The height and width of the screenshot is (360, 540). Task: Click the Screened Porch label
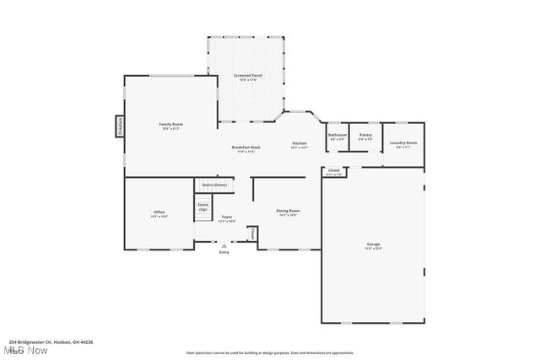248,78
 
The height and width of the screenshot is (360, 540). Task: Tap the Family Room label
171,126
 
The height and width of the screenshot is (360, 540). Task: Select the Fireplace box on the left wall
120,126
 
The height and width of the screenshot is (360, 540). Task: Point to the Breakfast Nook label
246,149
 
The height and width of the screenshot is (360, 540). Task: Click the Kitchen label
300,145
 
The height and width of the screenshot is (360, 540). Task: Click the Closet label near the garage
334,172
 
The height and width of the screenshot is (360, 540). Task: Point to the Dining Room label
289,212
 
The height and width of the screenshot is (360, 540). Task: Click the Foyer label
227,218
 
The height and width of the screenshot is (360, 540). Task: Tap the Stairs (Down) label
214,185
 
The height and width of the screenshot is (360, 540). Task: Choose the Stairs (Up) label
203,207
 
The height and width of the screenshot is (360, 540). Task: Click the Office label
159,213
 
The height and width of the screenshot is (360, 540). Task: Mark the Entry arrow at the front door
224,245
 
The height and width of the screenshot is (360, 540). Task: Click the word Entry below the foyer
224,252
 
